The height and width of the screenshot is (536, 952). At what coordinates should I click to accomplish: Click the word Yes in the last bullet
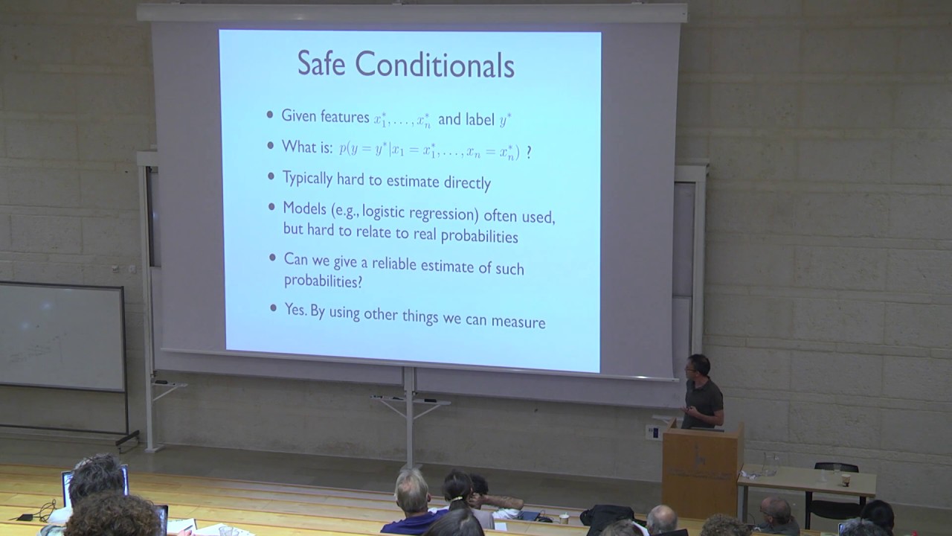tap(295, 308)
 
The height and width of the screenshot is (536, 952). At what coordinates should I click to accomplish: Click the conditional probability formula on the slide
tap(429, 149)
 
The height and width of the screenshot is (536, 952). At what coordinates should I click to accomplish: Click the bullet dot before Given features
tap(270, 115)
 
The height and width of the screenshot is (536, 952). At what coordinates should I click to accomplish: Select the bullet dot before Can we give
tap(273, 258)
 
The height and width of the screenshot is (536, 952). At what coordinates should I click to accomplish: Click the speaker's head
tap(699, 366)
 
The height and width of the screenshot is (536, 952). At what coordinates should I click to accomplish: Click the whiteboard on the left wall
tap(61, 336)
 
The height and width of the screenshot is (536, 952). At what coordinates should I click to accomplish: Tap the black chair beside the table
tap(834, 495)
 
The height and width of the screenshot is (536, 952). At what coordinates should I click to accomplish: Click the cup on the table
tap(845, 479)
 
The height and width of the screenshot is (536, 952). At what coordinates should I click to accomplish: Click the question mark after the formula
tap(529, 151)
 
